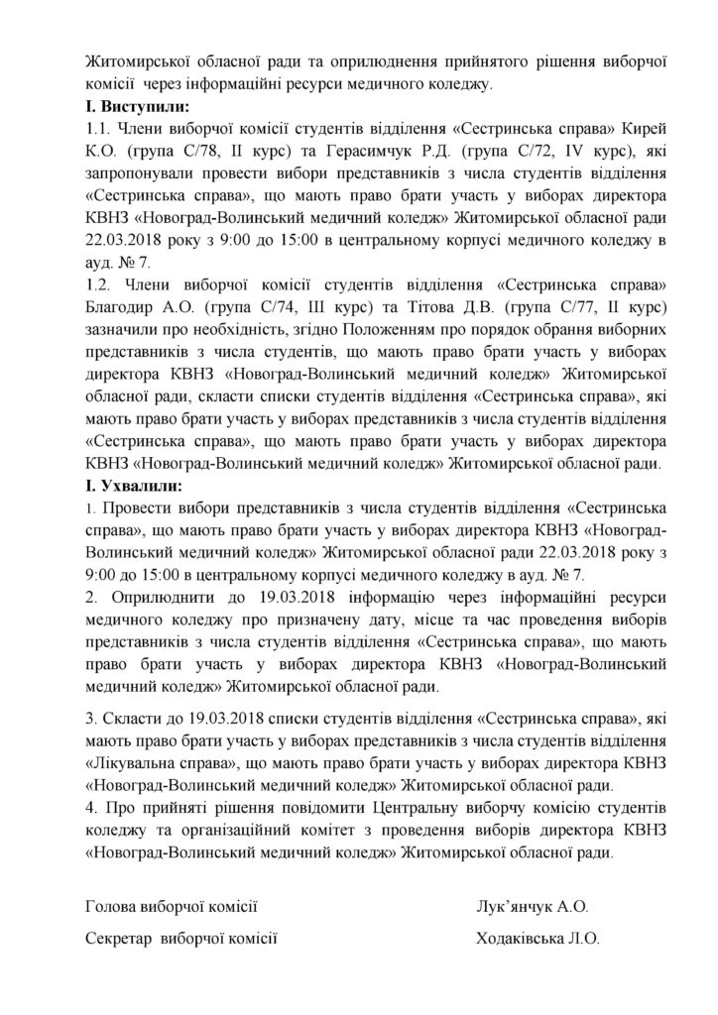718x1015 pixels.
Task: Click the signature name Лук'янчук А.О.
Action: coord(538,906)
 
